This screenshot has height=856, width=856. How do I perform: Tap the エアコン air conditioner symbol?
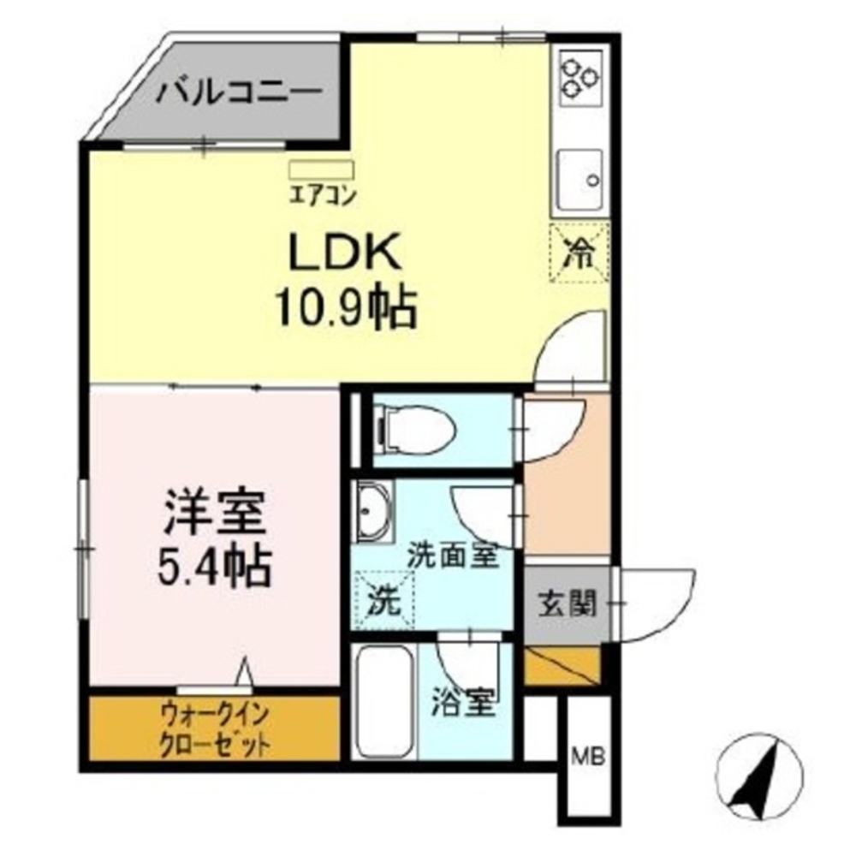320,169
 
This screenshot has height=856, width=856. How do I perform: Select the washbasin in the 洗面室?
373,514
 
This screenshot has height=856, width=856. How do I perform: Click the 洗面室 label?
452,556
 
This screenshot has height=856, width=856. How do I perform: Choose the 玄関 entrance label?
566,604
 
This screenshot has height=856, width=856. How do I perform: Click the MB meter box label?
588,756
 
